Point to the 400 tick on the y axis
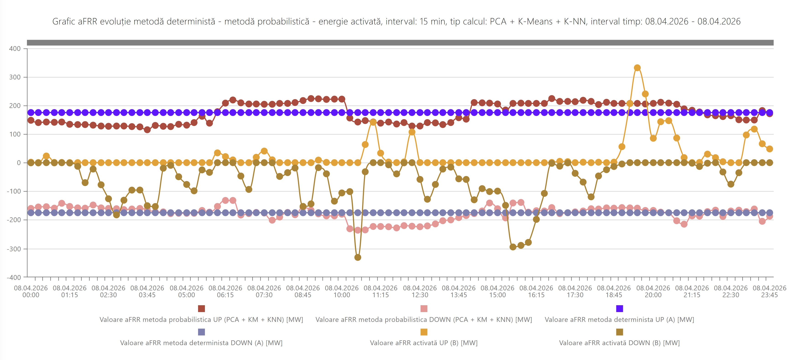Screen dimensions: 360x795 [x=15, y=48]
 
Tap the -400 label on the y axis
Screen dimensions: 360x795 [x=14, y=277]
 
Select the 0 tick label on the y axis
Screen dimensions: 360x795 [x=19, y=163]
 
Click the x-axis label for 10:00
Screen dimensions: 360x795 [x=342, y=292]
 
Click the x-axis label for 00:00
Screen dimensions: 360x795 [x=31, y=292]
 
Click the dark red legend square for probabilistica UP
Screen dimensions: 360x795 [x=201, y=308]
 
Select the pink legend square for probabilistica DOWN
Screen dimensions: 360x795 [x=424, y=308]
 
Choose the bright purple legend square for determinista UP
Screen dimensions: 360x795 [x=619, y=308]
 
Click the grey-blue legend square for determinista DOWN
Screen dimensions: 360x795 [x=201, y=332]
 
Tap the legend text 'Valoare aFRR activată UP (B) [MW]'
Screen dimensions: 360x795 [x=424, y=343]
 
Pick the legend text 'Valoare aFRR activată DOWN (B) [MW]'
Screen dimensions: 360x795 [x=619, y=343]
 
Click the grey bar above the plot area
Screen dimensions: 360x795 [x=400, y=43]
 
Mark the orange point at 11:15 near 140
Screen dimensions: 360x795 [x=373, y=122]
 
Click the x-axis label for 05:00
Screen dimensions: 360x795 [x=186, y=292]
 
